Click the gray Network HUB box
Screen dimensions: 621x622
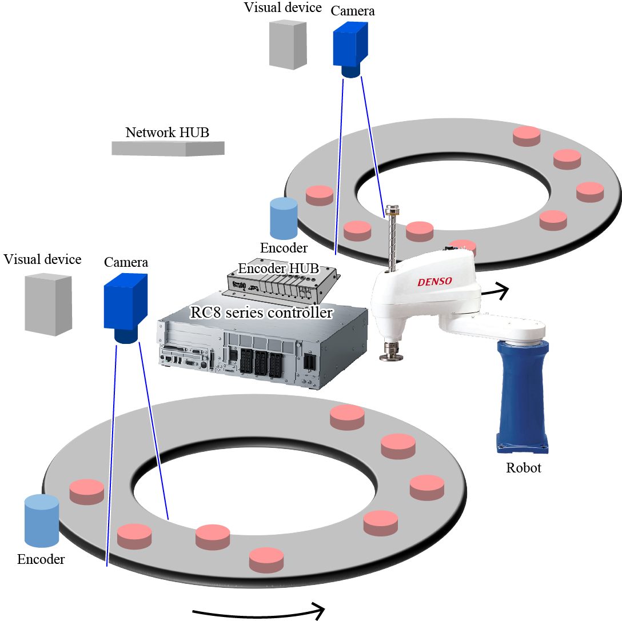coord(168,148)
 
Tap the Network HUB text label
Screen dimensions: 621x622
coord(167,133)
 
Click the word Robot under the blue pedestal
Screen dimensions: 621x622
coord(523,468)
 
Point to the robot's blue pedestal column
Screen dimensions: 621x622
coord(521,394)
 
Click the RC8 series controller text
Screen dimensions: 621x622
coord(261,312)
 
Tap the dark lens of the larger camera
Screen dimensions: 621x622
coord(126,336)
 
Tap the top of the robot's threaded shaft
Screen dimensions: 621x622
coord(392,209)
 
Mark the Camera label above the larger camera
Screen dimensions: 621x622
coord(126,262)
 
